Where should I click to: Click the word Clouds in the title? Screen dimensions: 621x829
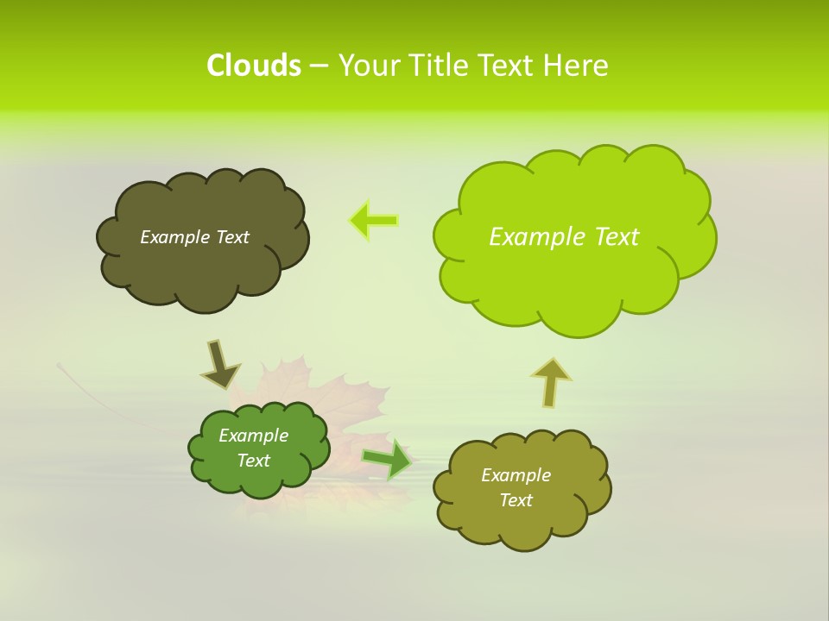(x=253, y=65)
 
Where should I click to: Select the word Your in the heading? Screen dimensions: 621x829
(x=368, y=65)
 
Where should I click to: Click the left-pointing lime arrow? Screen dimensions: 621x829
(x=373, y=220)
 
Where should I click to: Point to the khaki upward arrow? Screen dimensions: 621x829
(x=550, y=381)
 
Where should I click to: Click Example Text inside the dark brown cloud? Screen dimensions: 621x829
(x=194, y=237)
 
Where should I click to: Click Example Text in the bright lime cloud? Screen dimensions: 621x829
(x=564, y=237)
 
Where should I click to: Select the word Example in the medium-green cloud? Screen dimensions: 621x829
(x=253, y=436)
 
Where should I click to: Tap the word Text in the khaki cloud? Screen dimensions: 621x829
(x=516, y=500)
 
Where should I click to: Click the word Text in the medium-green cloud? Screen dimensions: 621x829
(x=253, y=461)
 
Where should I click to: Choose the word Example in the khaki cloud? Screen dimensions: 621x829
(x=516, y=475)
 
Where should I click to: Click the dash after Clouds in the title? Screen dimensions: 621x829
(x=318, y=65)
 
